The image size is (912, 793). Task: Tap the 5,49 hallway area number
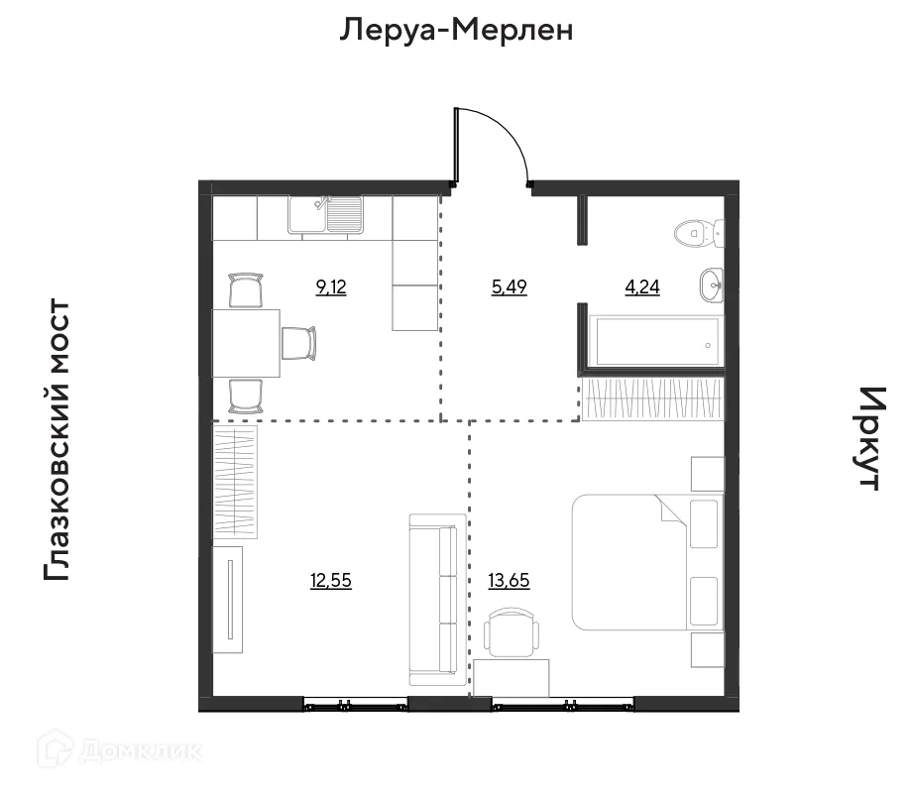pyautogui.click(x=509, y=288)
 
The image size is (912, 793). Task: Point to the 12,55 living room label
pyautogui.click(x=331, y=581)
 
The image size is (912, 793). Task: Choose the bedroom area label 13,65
pyautogui.click(x=509, y=581)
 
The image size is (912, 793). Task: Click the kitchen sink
pyautogui.click(x=326, y=214)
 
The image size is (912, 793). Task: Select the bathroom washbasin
pyautogui.click(x=712, y=284)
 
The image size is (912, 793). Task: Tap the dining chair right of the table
pyautogui.click(x=300, y=343)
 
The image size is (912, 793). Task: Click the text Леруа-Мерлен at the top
pyautogui.click(x=457, y=31)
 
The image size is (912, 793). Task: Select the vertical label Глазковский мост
pyautogui.click(x=57, y=440)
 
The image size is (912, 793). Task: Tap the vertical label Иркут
pyautogui.click(x=868, y=438)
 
